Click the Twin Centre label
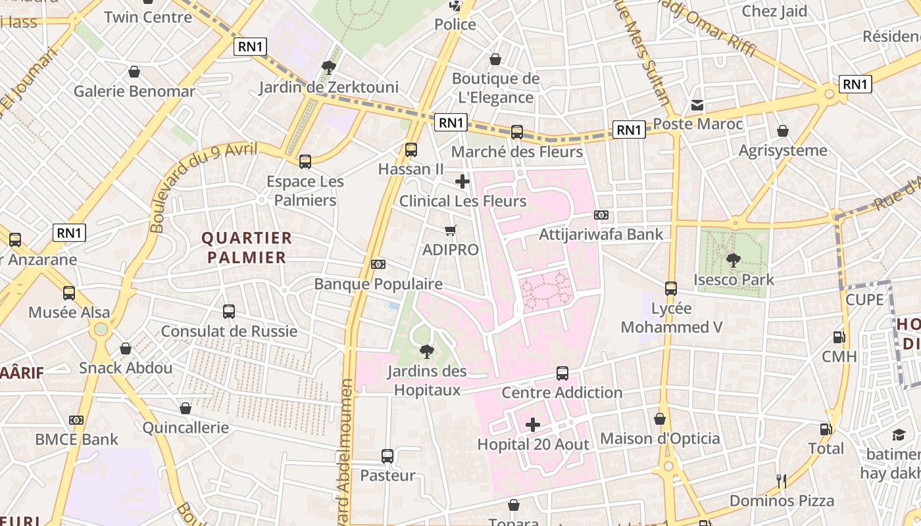click(148, 16)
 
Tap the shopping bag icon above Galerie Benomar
click(134, 72)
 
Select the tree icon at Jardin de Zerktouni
click(328, 67)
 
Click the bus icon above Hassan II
click(411, 150)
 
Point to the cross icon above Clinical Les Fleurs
click(462, 181)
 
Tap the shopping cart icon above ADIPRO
click(451, 230)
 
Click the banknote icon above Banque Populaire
click(378, 264)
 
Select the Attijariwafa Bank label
click(601, 234)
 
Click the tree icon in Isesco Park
click(734, 260)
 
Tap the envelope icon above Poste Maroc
click(697, 105)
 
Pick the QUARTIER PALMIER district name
click(247, 247)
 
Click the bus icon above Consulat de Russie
click(229, 312)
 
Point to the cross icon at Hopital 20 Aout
click(533, 425)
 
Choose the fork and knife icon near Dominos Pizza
click(782, 481)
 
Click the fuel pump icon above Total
click(826, 429)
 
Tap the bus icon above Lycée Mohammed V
click(671, 289)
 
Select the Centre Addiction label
click(562, 393)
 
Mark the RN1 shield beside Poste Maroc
click(629, 130)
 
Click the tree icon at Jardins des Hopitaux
click(427, 352)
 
